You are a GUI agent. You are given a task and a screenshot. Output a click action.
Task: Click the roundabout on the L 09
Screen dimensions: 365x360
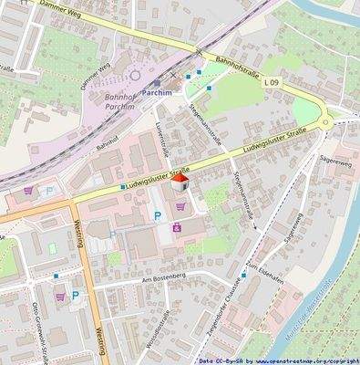click(326, 120)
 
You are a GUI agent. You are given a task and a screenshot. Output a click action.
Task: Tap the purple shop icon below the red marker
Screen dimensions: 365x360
click(178, 228)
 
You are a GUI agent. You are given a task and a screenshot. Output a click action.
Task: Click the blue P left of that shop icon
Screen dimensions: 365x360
click(157, 216)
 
